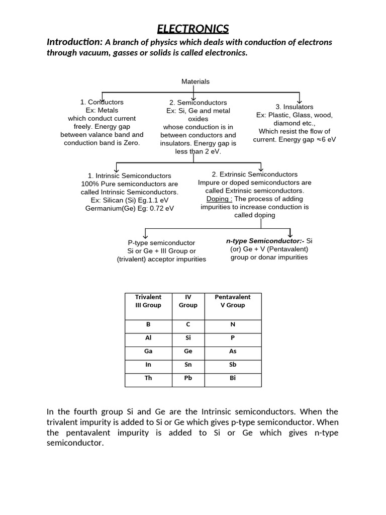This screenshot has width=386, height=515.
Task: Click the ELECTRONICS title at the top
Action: tap(193, 28)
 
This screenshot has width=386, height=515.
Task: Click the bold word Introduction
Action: tap(74, 42)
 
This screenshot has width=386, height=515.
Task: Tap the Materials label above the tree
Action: tap(196, 81)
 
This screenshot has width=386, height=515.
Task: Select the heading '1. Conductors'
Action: tap(102, 102)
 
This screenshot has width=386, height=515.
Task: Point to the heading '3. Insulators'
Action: tap(294, 107)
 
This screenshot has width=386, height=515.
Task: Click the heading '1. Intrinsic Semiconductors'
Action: tap(129, 176)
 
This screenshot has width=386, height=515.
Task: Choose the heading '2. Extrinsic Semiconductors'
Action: tap(255, 175)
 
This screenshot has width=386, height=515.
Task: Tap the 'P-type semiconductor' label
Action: tap(161, 243)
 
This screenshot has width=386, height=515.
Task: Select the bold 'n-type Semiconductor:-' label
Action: tap(265, 241)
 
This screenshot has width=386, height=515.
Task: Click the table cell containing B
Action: tap(148, 324)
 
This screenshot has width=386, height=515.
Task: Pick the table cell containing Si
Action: tap(188, 338)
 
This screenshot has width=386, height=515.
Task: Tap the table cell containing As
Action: tap(233, 352)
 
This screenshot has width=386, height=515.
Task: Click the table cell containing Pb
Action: tap(188, 378)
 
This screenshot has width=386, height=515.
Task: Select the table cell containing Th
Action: tap(148, 378)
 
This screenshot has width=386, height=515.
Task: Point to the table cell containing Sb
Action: tap(233, 365)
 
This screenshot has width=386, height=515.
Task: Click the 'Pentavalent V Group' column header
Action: tap(233, 301)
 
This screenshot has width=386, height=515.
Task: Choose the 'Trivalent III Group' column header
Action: tap(148, 301)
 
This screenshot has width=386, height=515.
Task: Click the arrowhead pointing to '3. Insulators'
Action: tap(300, 101)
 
